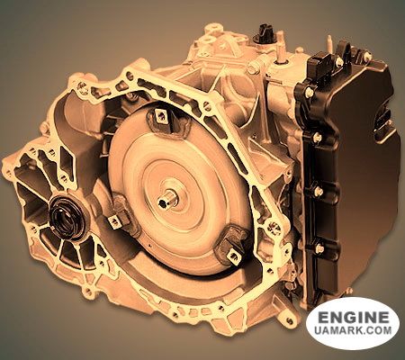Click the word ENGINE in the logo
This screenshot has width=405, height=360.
tap(354, 317)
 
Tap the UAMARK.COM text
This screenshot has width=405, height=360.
tap(354, 330)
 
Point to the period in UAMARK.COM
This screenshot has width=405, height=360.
tap(364, 334)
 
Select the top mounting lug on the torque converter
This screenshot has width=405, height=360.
tap(161, 116)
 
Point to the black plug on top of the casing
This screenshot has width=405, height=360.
tap(263, 35)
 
